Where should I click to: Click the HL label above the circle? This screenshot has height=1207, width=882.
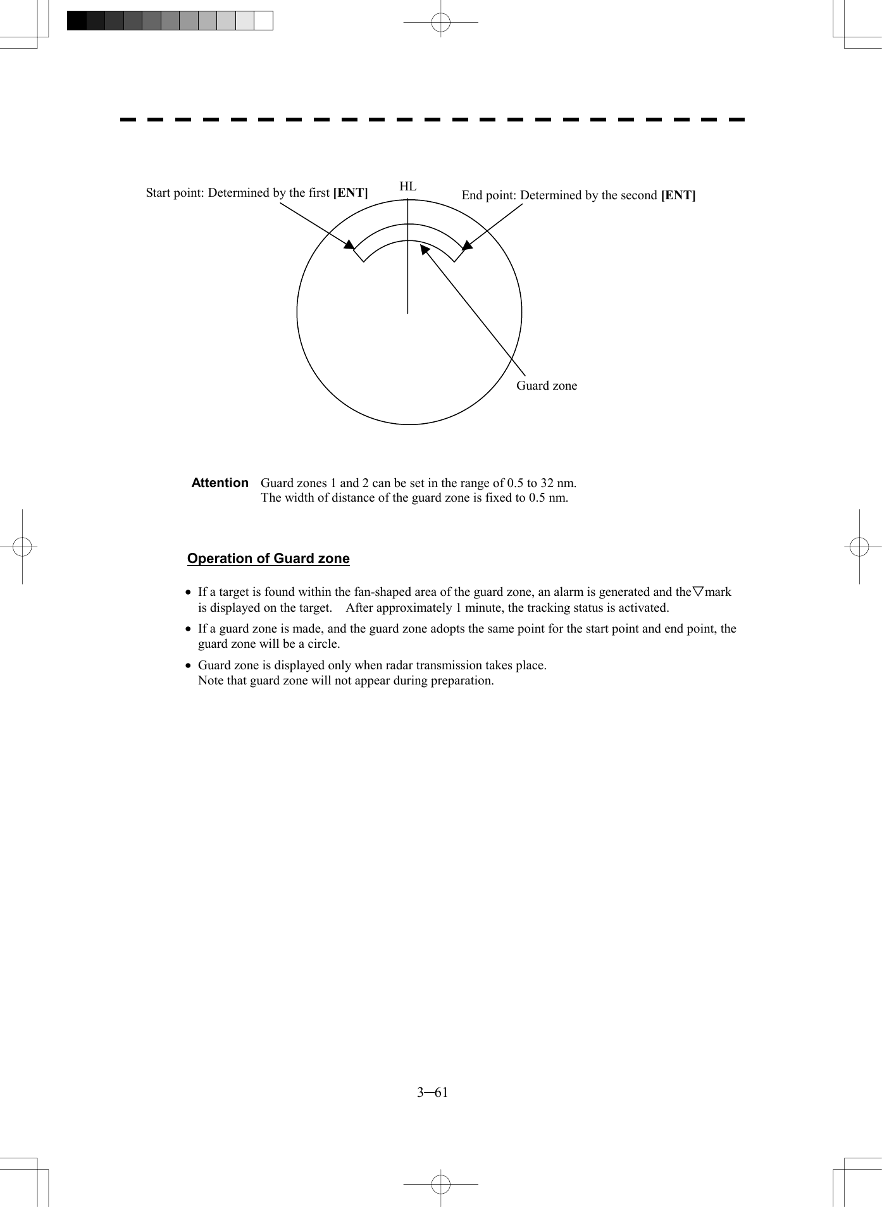[x=407, y=186]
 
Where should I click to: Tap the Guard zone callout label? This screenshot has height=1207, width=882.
[x=547, y=386]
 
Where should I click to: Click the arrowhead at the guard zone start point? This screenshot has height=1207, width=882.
[x=349, y=244]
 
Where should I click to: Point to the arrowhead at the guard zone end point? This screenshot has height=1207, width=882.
[x=468, y=245]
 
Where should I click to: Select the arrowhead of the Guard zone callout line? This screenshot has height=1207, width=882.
[x=425, y=249]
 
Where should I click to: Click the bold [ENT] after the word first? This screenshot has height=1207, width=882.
[x=351, y=193]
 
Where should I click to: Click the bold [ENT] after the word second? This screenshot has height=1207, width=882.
[x=678, y=195]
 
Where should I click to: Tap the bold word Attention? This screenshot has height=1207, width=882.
[x=220, y=483]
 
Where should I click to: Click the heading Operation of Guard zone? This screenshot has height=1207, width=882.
[x=268, y=559]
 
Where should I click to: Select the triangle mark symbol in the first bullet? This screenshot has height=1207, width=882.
[x=698, y=592]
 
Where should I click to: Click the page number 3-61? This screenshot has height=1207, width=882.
[x=433, y=1092]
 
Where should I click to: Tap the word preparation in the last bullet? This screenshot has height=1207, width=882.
[x=461, y=681]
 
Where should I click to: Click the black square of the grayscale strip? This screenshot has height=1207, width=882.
[x=77, y=21]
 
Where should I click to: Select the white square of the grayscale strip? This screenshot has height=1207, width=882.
[x=263, y=21]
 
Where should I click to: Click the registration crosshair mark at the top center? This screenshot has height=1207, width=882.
[x=441, y=23]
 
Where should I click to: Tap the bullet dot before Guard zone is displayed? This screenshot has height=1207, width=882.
[x=188, y=665]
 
